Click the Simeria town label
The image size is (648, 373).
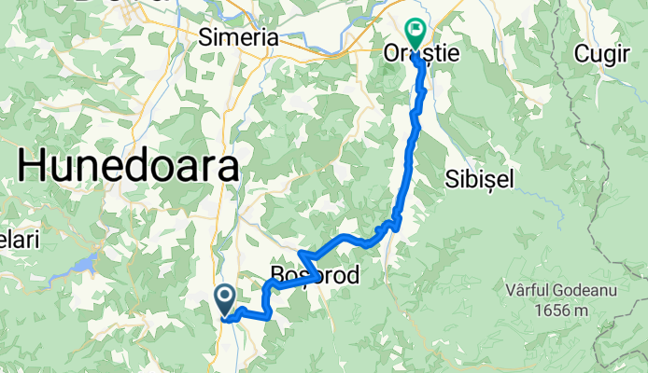[239, 37]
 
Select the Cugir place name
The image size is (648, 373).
[602, 53]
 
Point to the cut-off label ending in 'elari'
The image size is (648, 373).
[19, 240]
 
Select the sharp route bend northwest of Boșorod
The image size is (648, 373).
[299, 253]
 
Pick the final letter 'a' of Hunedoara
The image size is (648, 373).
[227, 169]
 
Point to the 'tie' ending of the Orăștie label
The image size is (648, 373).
[448, 54]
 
